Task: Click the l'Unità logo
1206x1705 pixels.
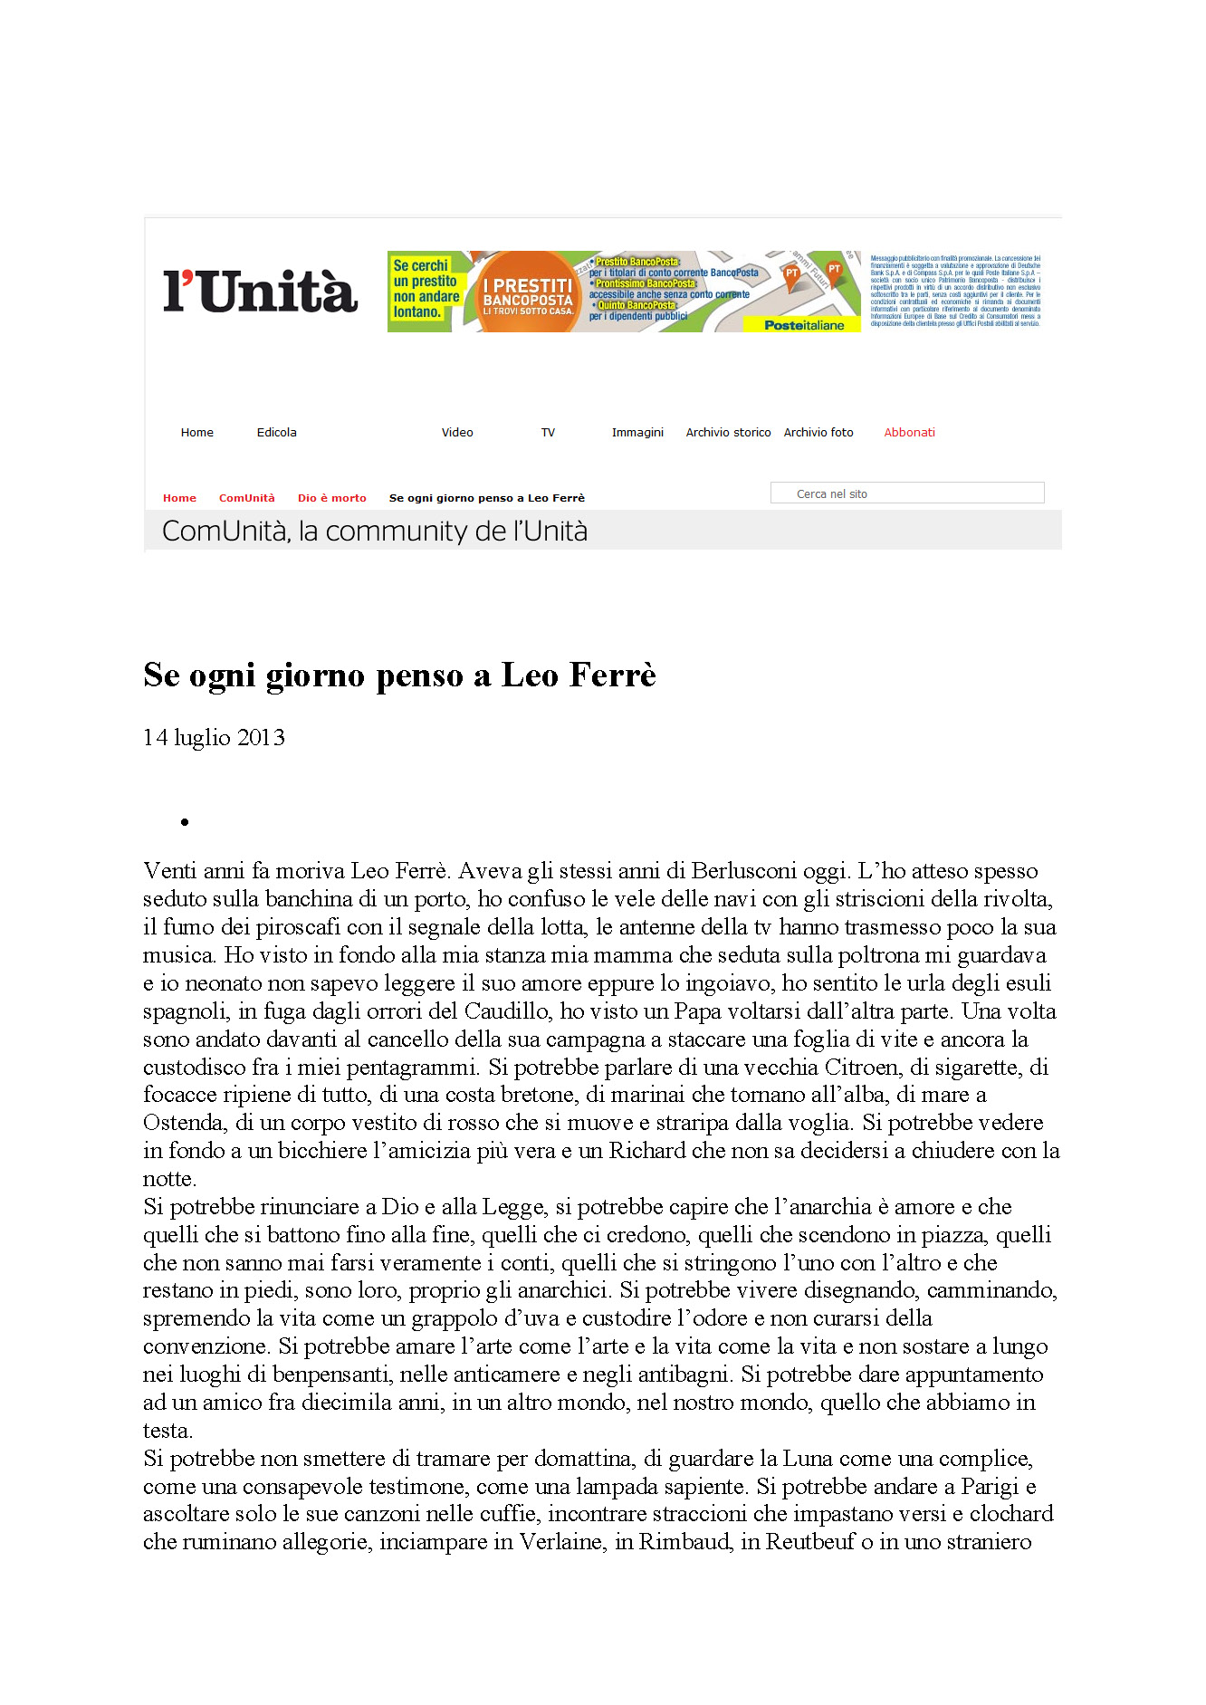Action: pyautogui.click(x=260, y=291)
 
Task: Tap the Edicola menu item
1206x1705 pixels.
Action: pyautogui.click(x=276, y=433)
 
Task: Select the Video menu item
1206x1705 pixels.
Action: pyautogui.click(x=457, y=433)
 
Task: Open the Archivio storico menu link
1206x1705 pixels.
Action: pyautogui.click(x=728, y=433)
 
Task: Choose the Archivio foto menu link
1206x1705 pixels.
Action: pyautogui.click(x=818, y=433)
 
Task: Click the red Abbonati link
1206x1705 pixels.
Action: pyautogui.click(x=909, y=433)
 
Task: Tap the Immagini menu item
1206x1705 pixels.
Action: pyautogui.click(x=637, y=433)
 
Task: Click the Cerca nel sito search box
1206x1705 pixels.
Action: pyautogui.click(x=906, y=493)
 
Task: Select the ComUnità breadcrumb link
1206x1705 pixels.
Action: pyautogui.click(x=246, y=498)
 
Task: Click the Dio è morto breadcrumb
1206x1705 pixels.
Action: pyautogui.click(x=331, y=498)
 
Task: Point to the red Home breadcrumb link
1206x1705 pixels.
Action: pyautogui.click(x=179, y=498)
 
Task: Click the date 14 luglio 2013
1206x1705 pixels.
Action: pyautogui.click(x=214, y=738)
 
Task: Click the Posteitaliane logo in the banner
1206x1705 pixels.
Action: pyautogui.click(x=803, y=325)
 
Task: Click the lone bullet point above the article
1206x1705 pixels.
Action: pyautogui.click(x=185, y=822)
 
